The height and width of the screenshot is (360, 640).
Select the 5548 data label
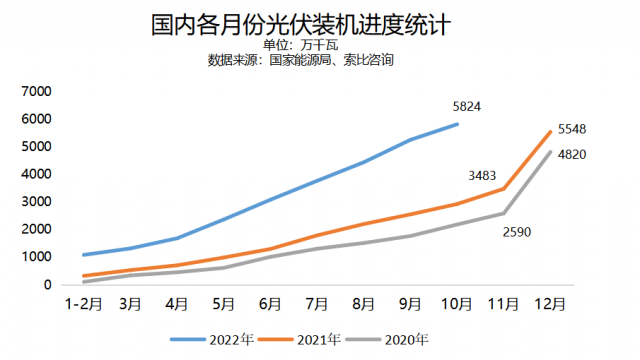(x=572, y=129)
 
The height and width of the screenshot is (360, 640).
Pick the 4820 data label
(x=572, y=154)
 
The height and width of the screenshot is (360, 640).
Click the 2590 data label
(x=517, y=232)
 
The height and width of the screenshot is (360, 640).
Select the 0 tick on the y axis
(x=46, y=285)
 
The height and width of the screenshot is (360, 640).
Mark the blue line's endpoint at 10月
(x=457, y=124)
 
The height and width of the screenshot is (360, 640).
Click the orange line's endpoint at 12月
(x=550, y=132)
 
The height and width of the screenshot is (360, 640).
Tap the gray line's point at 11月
(x=503, y=213)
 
